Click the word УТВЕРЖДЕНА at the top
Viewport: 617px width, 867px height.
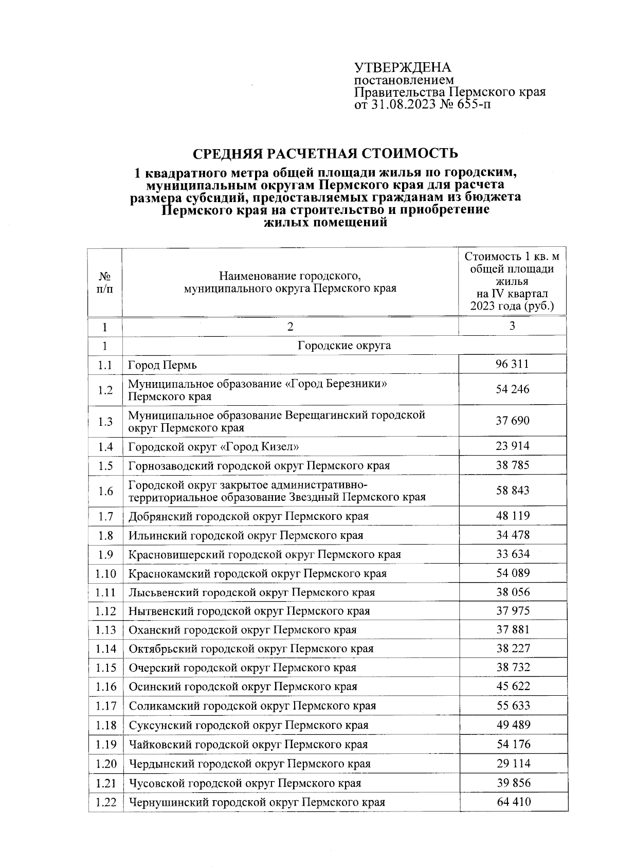click(402, 68)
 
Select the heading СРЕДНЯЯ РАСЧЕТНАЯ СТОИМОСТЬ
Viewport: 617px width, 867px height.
click(325, 154)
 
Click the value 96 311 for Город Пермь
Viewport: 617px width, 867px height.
click(512, 364)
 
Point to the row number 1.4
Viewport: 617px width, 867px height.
click(105, 446)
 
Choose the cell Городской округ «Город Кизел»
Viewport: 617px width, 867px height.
click(213, 446)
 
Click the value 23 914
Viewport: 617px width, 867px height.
click(512, 445)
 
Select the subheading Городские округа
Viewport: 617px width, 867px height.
click(344, 345)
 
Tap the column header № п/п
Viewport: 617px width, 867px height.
click(105, 282)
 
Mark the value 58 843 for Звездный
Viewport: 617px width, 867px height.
click(512, 490)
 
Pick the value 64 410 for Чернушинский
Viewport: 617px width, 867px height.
click(512, 801)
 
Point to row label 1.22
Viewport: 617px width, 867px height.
click(106, 802)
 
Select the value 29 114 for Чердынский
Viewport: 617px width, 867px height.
click(512, 763)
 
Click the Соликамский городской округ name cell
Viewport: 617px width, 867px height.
click(252, 706)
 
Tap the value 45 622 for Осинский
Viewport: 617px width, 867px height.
click(512, 686)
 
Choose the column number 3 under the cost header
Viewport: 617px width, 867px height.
click(512, 326)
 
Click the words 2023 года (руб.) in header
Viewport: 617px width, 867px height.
click(512, 306)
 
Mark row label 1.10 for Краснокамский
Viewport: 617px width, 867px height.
click(106, 573)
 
